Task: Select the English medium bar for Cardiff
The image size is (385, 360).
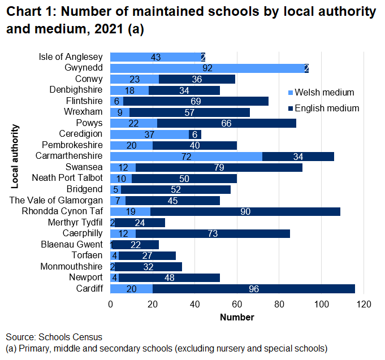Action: point(253,289)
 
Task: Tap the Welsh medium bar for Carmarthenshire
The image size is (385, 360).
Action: point(186,156)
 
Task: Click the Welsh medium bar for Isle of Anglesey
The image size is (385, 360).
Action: point(155,57)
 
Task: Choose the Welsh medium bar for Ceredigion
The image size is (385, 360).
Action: point(150,134)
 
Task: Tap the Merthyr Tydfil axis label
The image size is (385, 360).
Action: point(76,222)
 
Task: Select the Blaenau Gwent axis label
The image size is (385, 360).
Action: point(72,244)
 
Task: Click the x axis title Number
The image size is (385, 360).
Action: point(237,318)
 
